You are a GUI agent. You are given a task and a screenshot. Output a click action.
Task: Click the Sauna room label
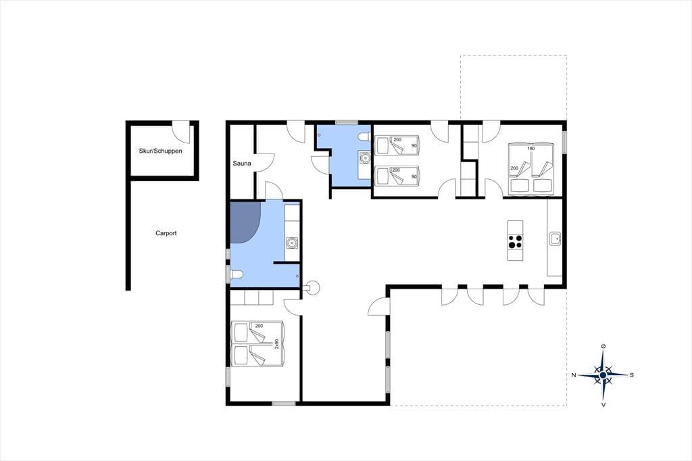pos(242,164)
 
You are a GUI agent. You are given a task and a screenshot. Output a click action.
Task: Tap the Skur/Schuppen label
pos(161,151)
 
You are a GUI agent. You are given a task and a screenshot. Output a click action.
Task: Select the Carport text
pos(166,233)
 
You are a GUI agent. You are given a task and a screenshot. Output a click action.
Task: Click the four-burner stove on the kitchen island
pos(515,241)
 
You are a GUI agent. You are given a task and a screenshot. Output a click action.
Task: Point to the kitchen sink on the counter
pos(555,239)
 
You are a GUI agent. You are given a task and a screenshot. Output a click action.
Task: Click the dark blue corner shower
pos(245,222)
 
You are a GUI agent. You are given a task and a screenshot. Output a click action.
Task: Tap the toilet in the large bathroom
pos(236,274)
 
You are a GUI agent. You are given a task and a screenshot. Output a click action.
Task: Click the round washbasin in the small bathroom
pos(364,157)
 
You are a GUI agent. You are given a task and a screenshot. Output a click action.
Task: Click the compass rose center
pos(603,375)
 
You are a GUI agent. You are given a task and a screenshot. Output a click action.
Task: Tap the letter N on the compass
pos(574,375)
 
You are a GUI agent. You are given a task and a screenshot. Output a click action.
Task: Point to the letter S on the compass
pos(632,375)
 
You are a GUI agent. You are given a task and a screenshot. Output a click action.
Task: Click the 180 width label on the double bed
pos(531,148)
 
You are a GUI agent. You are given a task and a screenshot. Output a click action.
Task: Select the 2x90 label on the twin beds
pos(276,345)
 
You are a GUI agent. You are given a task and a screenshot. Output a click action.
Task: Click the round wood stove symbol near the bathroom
pos(313,287)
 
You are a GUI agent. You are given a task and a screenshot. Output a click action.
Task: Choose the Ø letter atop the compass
pos(603,347)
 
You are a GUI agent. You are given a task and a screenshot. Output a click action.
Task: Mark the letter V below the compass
pos(603,404)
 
